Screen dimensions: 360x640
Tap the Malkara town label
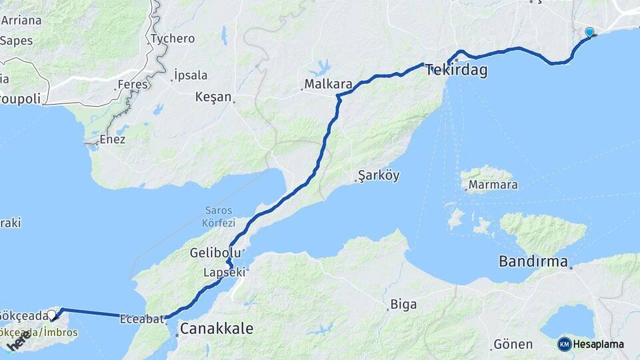tap(327, 85)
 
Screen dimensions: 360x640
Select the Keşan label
tap(213, 97)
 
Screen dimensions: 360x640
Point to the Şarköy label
tap(378, 177)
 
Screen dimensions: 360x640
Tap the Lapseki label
tap(225, 273)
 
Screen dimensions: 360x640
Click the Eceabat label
tap(141, 319)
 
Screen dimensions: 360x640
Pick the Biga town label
tap(403, 305)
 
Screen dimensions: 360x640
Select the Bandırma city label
tap(533, 261)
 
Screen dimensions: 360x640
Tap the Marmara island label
tap(493, 185)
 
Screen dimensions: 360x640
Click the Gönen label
tap(513, 345)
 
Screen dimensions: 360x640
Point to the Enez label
tap(111, 139)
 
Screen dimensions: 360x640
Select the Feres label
tap(131, 85)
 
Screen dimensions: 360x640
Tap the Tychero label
tap(173, 39)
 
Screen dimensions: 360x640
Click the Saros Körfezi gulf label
tap(218, 217)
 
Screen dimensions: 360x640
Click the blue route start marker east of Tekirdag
tap(589, 32)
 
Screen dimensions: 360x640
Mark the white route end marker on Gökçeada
tap(51, 314)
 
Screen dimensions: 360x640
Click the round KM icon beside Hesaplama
tap(564, 344)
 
